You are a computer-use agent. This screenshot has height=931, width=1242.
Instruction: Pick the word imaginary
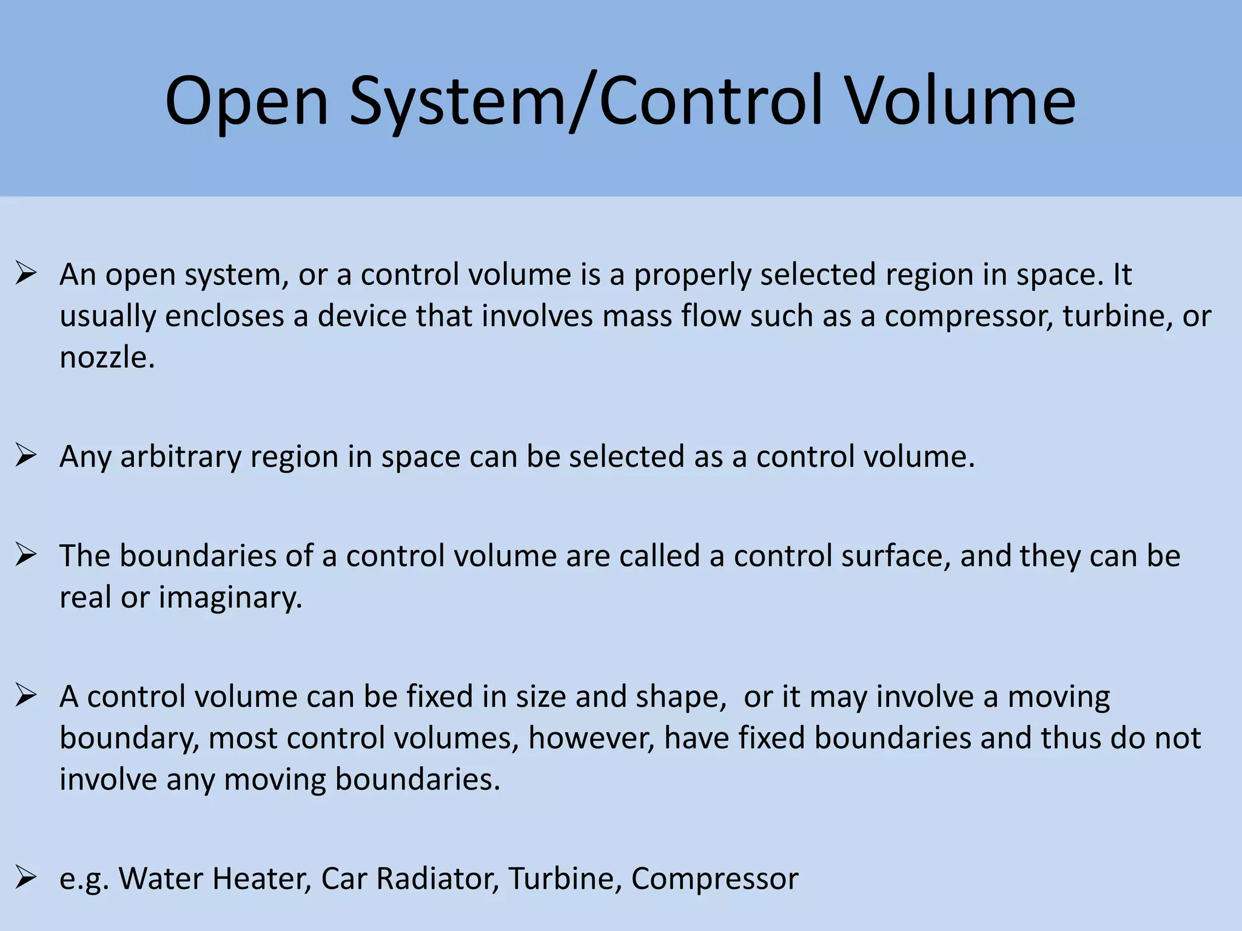230,598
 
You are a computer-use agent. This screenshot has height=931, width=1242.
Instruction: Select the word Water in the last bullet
161,879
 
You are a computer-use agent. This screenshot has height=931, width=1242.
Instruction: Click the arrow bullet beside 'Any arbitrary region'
27,456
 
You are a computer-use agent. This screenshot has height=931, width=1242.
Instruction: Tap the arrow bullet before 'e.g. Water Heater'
27,878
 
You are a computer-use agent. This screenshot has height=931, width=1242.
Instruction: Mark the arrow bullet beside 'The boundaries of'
27,555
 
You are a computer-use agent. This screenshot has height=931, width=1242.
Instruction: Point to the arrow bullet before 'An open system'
27,274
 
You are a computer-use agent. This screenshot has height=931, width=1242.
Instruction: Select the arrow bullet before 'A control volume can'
27,696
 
